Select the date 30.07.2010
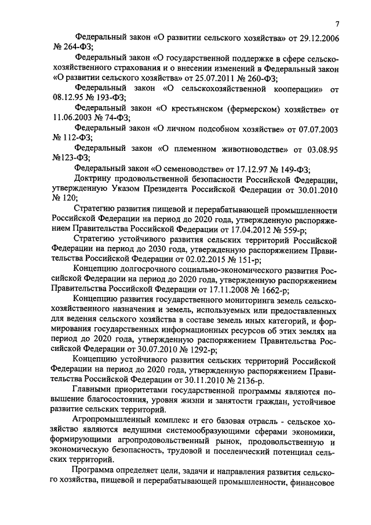(152, 350)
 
